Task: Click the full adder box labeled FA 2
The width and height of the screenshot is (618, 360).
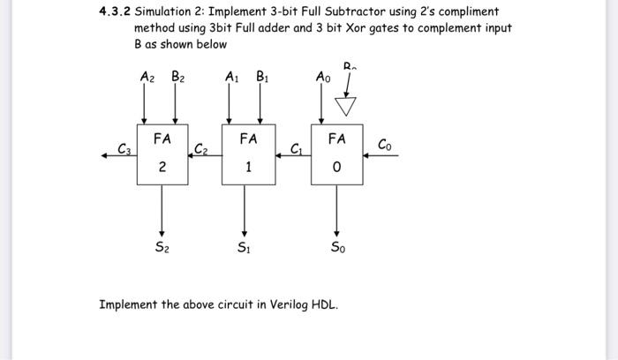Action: click(162, 154)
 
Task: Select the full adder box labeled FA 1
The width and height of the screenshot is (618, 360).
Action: click(248, 154)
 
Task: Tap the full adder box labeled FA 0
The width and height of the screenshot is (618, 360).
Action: click(336, 154)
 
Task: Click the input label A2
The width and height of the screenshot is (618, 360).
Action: click(147, 78)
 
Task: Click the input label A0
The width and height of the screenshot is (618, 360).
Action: click(323, 78)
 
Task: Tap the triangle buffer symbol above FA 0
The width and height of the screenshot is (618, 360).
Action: click(349, 107)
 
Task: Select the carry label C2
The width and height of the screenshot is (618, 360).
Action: click(201, 148)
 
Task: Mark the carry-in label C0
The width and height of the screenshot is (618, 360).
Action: click(384, 144)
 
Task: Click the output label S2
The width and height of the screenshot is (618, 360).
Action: click(161, 248)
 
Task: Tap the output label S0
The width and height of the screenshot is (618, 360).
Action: click(337, 248)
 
